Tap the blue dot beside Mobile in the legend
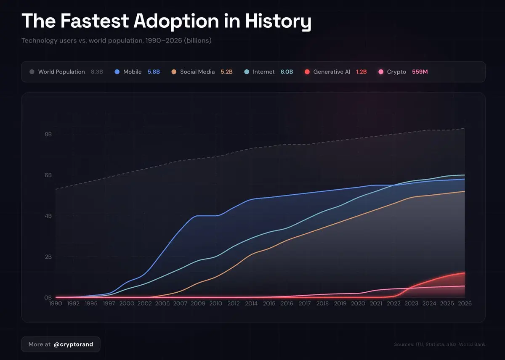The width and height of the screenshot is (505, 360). [x=117, y=72]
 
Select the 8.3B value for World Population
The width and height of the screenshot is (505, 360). [x=97, y=72]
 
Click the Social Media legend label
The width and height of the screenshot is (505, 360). [x=197, y=72]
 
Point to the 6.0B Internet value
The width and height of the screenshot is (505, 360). [x=287, y=72]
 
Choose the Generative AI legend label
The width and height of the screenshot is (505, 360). [x=332, y=72]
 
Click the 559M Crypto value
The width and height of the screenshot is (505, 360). [x=420, y=72]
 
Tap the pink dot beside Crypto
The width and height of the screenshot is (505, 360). [x=381, y=72]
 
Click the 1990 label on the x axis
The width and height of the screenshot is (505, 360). [x=56, y=304]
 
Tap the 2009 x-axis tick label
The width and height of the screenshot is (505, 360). [x=198, y=304]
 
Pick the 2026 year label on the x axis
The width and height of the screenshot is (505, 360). [x=465, y=304]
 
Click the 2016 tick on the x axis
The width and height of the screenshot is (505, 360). [x=287, y=304]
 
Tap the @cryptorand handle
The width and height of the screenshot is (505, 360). [x=73, y=344]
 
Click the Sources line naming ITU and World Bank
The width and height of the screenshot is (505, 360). [x=439, y=344]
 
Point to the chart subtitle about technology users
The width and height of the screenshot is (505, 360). [x=116, y=41]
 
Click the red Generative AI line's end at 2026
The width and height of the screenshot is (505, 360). [x=465, y=273]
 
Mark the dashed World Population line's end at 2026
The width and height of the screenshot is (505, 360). [x=465, y=128]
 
